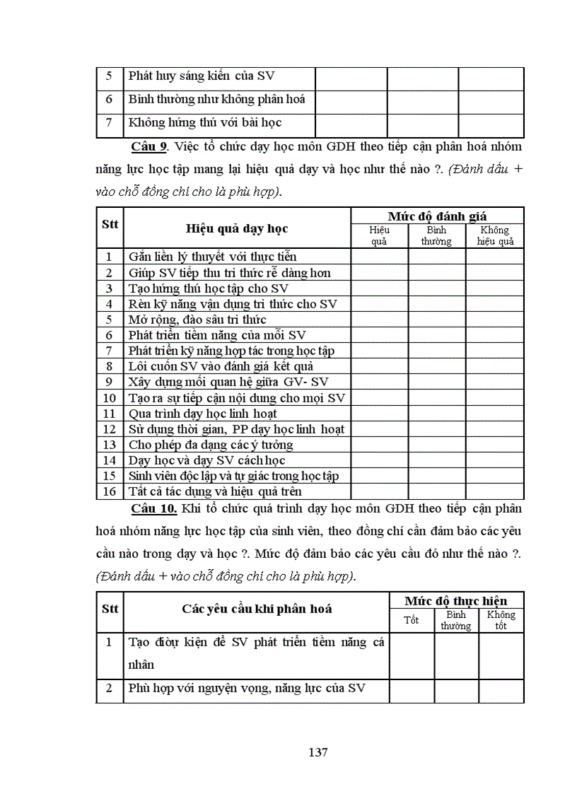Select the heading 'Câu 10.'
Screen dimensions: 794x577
[153, 509]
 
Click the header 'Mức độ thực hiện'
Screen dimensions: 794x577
[455, 601]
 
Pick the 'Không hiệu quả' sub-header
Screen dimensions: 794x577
[494, 235]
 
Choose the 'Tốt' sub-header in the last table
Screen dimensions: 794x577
[411, 620]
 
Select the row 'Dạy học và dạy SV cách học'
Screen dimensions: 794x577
[206, 460]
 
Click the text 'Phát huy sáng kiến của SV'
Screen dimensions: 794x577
[200, 77]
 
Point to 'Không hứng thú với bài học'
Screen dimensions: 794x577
[205, 122]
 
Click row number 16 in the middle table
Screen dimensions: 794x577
[109, 491]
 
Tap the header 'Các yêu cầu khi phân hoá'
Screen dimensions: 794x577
[257, 609]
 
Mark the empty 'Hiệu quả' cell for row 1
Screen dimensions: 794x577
[379, 257]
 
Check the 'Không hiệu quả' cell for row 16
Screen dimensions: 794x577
[494, 491]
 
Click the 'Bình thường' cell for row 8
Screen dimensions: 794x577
[436, 366]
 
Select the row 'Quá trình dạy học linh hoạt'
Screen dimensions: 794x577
[202, 414]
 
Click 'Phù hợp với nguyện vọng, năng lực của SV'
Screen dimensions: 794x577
[246, 688]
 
